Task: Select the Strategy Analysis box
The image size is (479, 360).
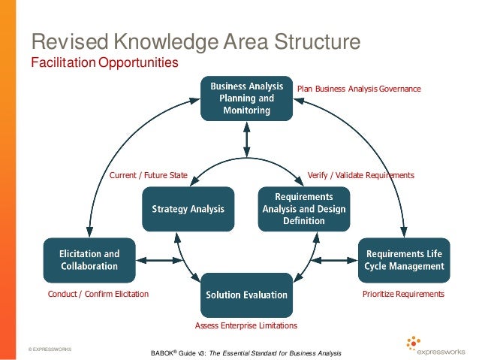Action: tap(188, 209)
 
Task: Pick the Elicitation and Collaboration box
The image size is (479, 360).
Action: tap(89, 260)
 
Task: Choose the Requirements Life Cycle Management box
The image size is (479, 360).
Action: tap(405, 260)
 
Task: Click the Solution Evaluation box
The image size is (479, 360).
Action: tap(246, 295)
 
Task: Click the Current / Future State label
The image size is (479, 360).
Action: tap(149, 175)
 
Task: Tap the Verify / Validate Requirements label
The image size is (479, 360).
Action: tap(360, 175)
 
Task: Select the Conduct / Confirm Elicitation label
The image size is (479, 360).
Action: tap(98, 294)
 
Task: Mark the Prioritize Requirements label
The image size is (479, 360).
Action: tap(403, 294)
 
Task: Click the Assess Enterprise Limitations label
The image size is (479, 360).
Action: tap(246, 325)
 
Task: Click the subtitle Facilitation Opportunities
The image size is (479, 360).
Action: tap(104, 62)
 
